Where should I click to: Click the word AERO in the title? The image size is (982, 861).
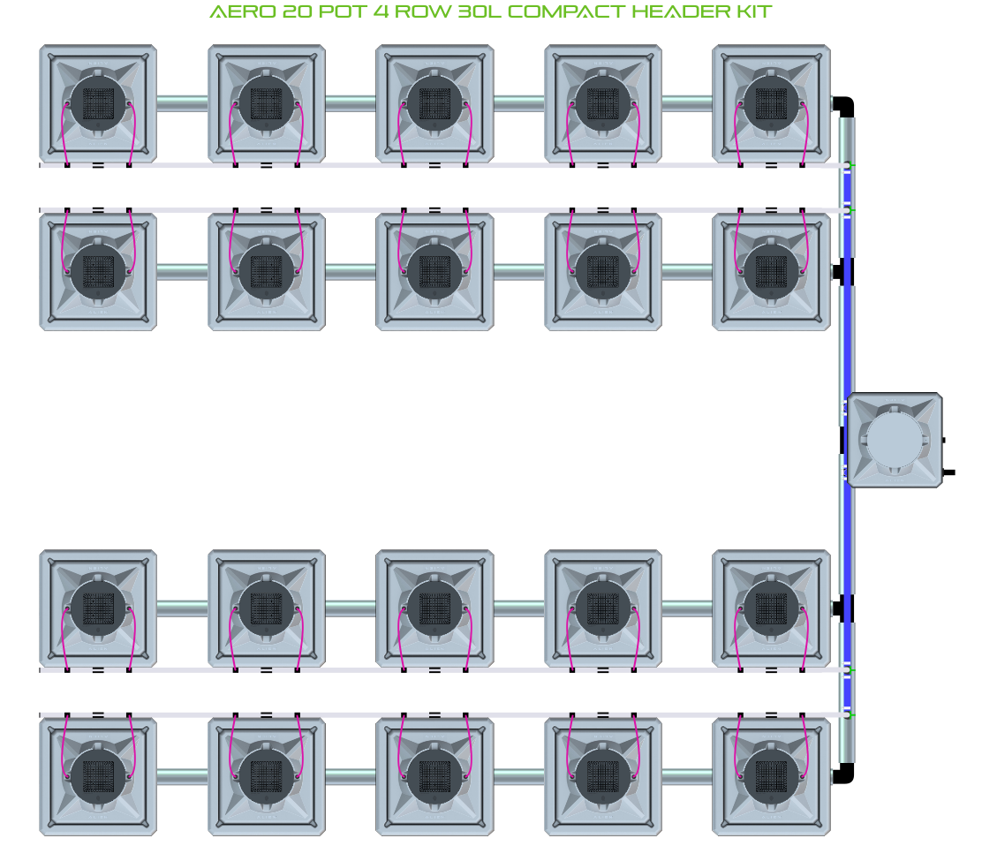(x=237, y=12)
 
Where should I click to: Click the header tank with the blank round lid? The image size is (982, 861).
(x=894, y=440)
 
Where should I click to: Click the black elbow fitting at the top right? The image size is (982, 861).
(x=845, y=106)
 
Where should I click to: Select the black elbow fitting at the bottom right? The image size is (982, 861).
(x=845, y=774)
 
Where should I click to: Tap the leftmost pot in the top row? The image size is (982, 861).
(x=98, y=103)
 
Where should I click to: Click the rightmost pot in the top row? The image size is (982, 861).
(x=771, y=103)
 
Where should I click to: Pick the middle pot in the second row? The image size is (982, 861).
(x=434, y=271)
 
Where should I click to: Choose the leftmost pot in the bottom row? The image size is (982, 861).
(x=98, y=776)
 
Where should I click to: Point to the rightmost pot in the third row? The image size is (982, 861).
(x=771, y=608)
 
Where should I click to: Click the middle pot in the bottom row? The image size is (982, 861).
(x=434, y=776)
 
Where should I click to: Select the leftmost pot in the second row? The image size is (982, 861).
(x=98, y=271)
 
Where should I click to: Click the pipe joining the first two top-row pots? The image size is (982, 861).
(x=183, y=103)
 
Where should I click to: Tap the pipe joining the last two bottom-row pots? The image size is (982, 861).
(x=687, y=776)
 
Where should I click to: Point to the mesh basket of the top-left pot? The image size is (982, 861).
(x=98, y=103)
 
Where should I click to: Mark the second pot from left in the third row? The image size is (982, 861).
(x=267, y=608)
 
